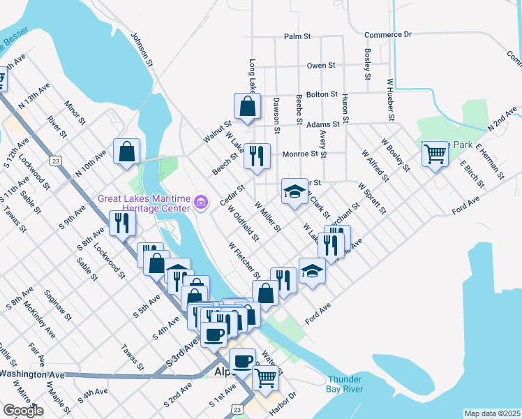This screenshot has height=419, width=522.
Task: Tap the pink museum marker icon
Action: point(202,203)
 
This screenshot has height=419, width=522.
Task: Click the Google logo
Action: point(23,411)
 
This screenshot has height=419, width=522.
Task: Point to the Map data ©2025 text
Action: point(492,413)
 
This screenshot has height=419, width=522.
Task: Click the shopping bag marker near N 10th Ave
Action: point(126,152)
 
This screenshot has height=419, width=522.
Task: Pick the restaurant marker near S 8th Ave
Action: point(123,223)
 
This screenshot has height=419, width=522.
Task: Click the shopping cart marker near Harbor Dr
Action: point(265,377)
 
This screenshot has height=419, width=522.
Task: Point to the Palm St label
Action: point(296,36)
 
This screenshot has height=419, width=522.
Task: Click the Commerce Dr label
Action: point(388,34)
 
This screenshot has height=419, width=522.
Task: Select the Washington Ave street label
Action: point(31,374)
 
